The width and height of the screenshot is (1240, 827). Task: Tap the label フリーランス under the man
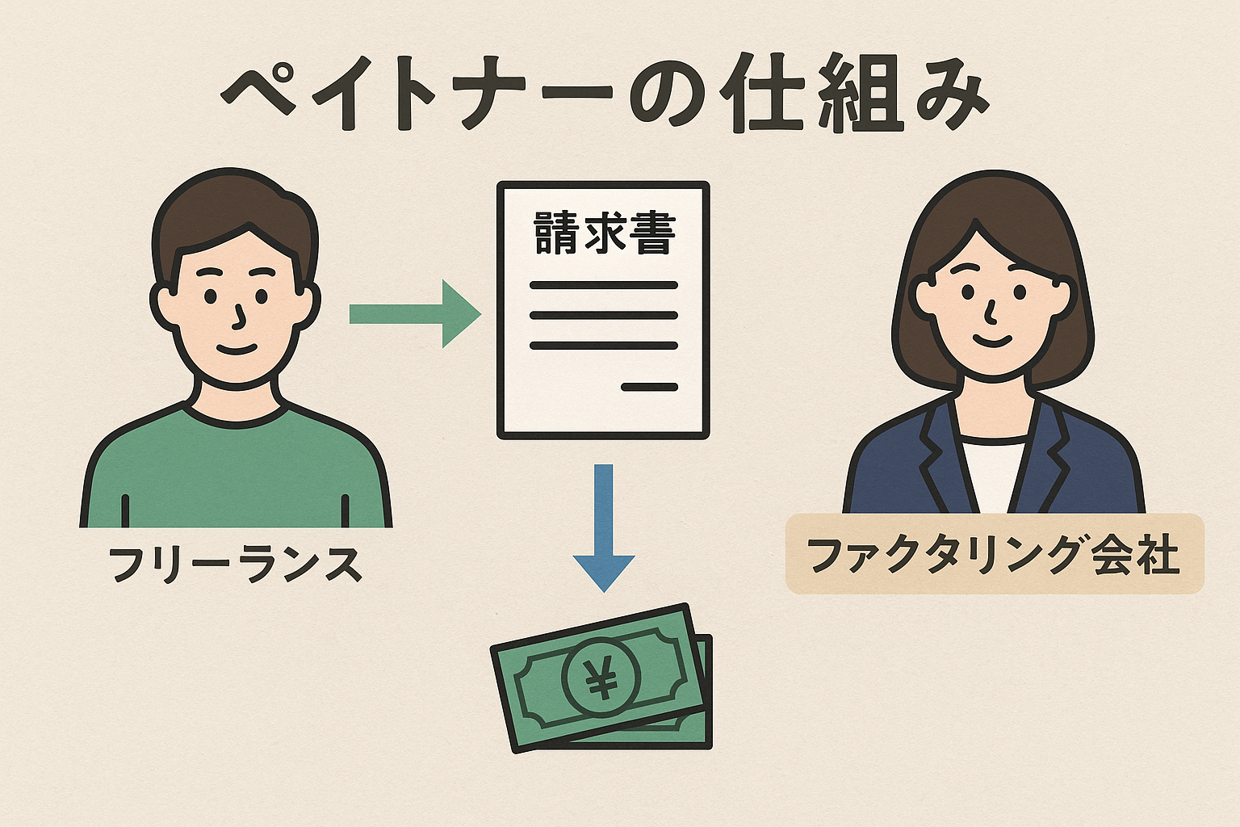235,564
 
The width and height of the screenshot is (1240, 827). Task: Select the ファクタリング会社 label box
995,555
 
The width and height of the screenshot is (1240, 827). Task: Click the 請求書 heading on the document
604,234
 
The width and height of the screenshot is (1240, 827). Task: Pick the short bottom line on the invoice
649,388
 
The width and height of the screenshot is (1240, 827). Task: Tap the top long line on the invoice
604,285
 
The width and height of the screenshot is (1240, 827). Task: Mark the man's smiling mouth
237,349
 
